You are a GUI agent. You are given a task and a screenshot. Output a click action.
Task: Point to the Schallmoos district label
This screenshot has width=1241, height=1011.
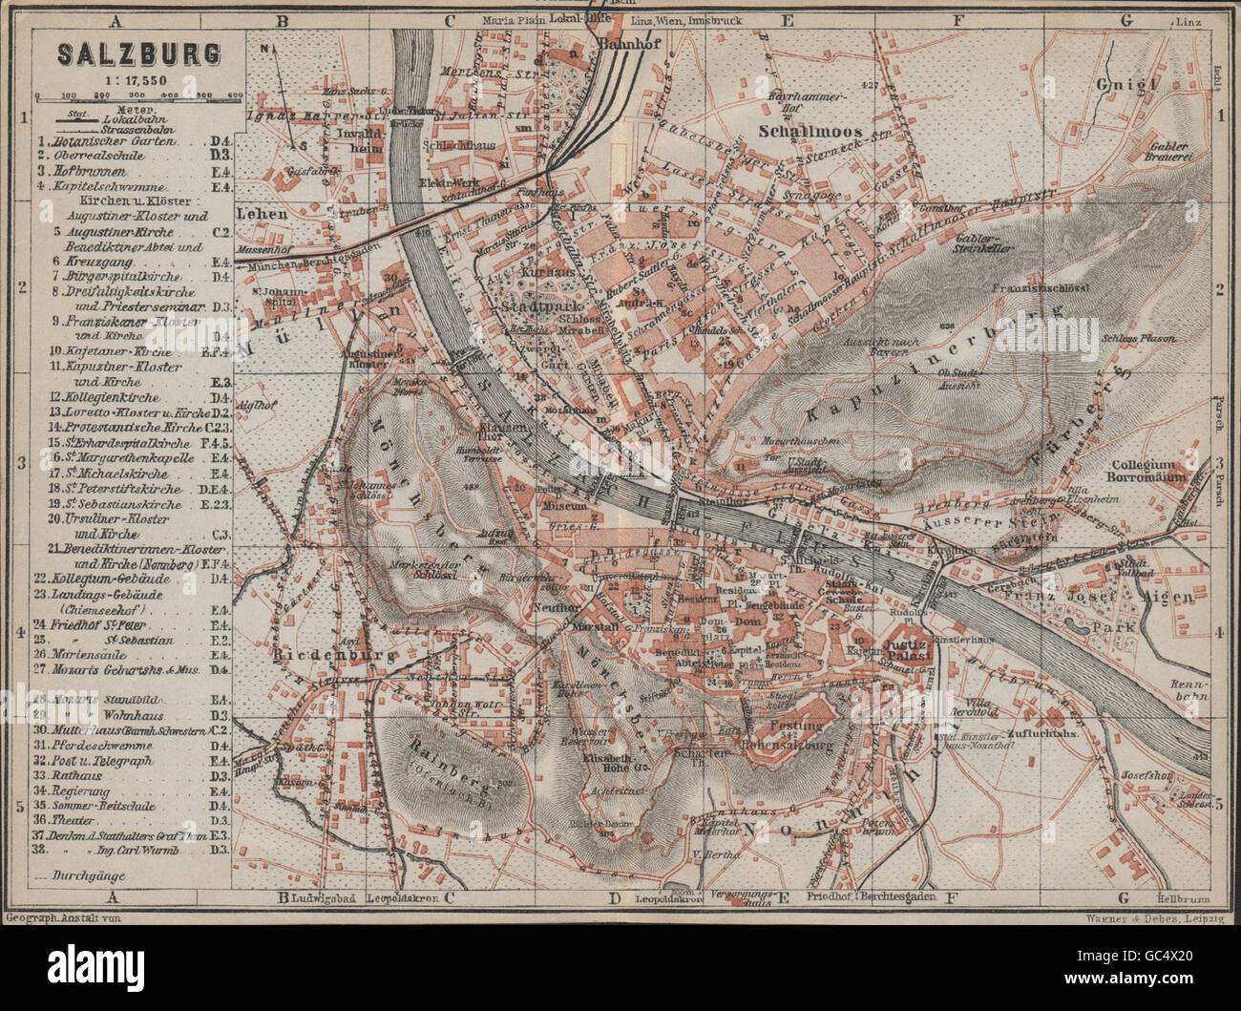pos(825,132)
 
